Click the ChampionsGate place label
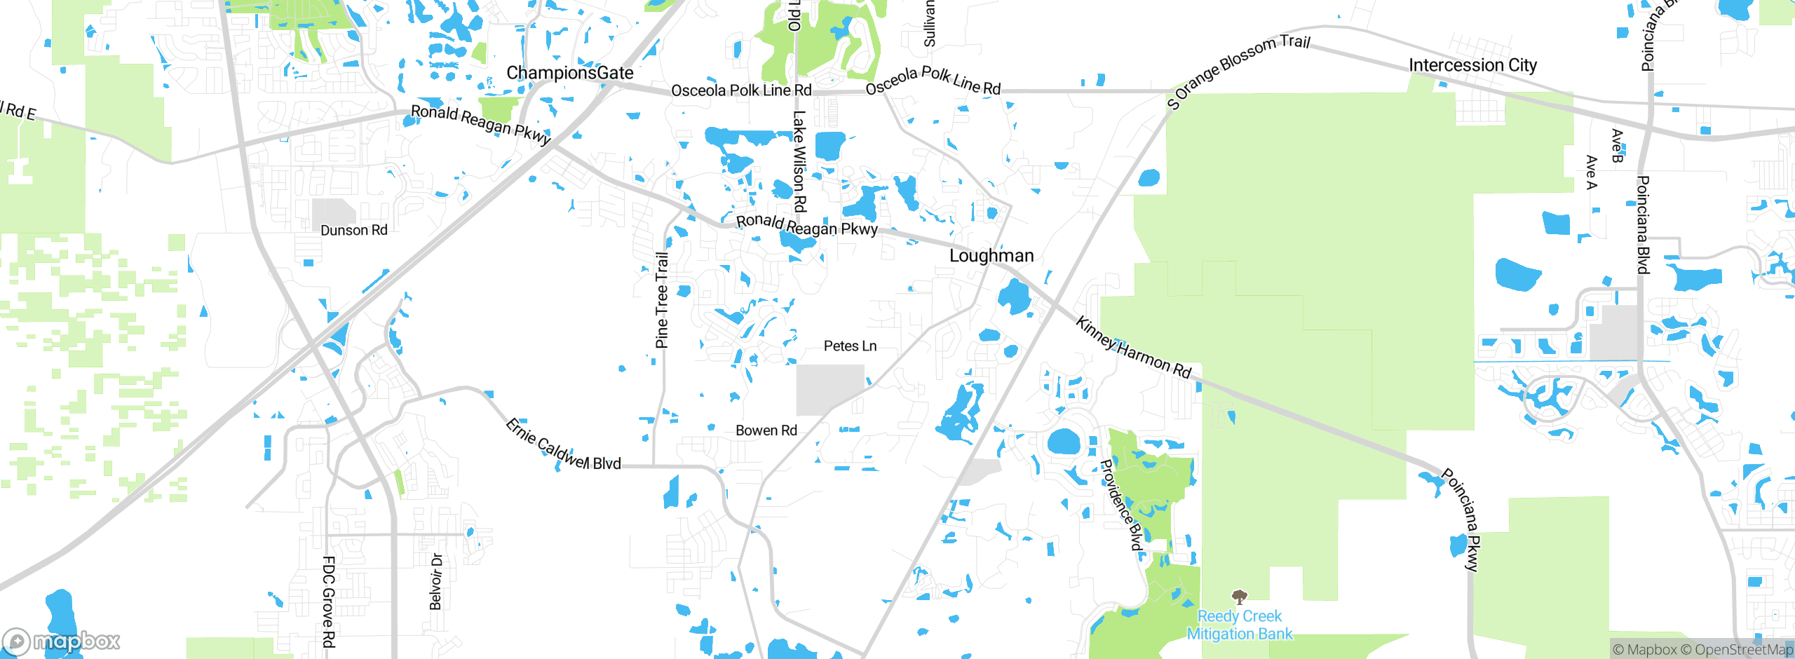[x=569, y=73]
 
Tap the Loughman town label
[x=991, y=256]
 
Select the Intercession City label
[x=1472, y=65]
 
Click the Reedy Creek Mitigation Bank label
[x=1239, y=625]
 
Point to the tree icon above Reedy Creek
[x=1239, y=597]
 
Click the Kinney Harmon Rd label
[x=1133, y=348]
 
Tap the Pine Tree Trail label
[x=661, y=300]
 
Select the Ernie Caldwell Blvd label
[x=563, y=444]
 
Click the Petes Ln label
[x=850, y=346]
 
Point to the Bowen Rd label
[x=766, y=430]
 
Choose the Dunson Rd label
[x=353, y=231]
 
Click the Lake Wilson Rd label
[x=799, y=161]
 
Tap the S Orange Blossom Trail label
[x=1238, y=71]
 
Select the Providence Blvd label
[x=1122, y=505]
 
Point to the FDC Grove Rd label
[x=328, y=602]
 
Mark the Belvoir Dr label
[x=436, y=582]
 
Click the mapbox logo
[x=62, y=641]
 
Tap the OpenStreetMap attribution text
[x=1736, y=650]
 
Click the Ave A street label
[x=1591, y=172]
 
